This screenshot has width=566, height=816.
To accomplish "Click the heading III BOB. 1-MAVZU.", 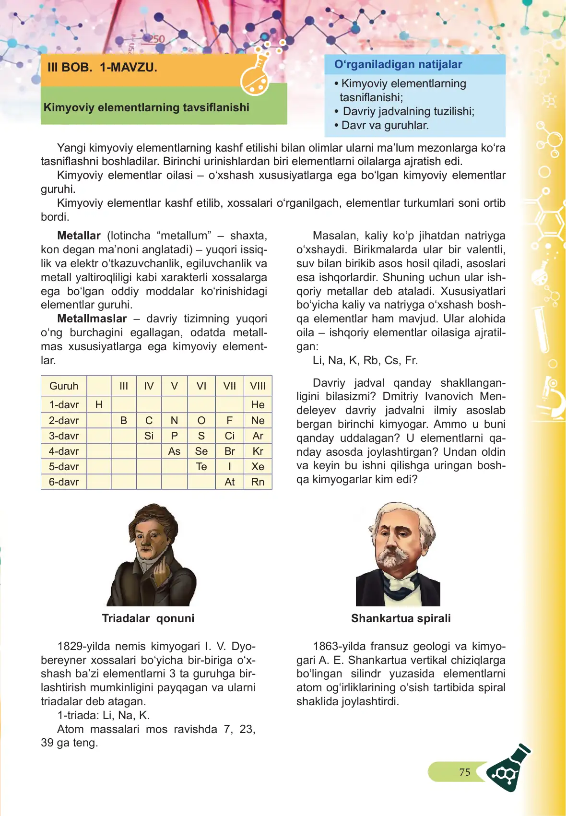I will point(102,68).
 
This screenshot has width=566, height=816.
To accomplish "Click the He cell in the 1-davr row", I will point(258,405).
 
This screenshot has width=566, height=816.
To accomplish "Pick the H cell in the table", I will point(99,405).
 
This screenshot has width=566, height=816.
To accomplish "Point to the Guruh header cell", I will point(64,386).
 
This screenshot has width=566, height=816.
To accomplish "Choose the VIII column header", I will point(258,386).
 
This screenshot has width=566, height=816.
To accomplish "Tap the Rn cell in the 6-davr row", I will point(258,482).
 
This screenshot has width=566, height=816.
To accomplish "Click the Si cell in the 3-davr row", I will point(149,436).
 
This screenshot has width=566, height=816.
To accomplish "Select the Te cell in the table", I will point(201,467).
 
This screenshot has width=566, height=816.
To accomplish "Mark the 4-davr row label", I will point(64,451).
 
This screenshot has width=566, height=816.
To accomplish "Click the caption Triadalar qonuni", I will point(148,618).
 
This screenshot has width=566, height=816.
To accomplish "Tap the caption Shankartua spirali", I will point(401,618).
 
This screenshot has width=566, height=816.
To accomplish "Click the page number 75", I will point(464,772).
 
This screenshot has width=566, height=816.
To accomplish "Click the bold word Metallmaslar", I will point(92,319).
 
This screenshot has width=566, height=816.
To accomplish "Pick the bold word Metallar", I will point(79,236).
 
